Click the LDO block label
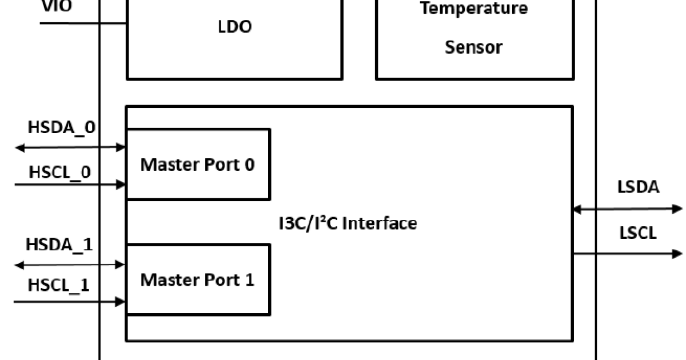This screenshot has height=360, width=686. (x=235, y=27)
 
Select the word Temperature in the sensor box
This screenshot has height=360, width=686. (x=474, y=9)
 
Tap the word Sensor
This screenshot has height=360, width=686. (x=474, y=47)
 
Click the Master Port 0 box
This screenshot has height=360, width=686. (x=198, y=165)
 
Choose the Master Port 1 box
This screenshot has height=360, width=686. (x=198, y=280)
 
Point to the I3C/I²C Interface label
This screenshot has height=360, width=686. (x=344, y=223)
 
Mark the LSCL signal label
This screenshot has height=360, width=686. (x=637, y=233)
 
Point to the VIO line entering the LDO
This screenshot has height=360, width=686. (x=83, y=23)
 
